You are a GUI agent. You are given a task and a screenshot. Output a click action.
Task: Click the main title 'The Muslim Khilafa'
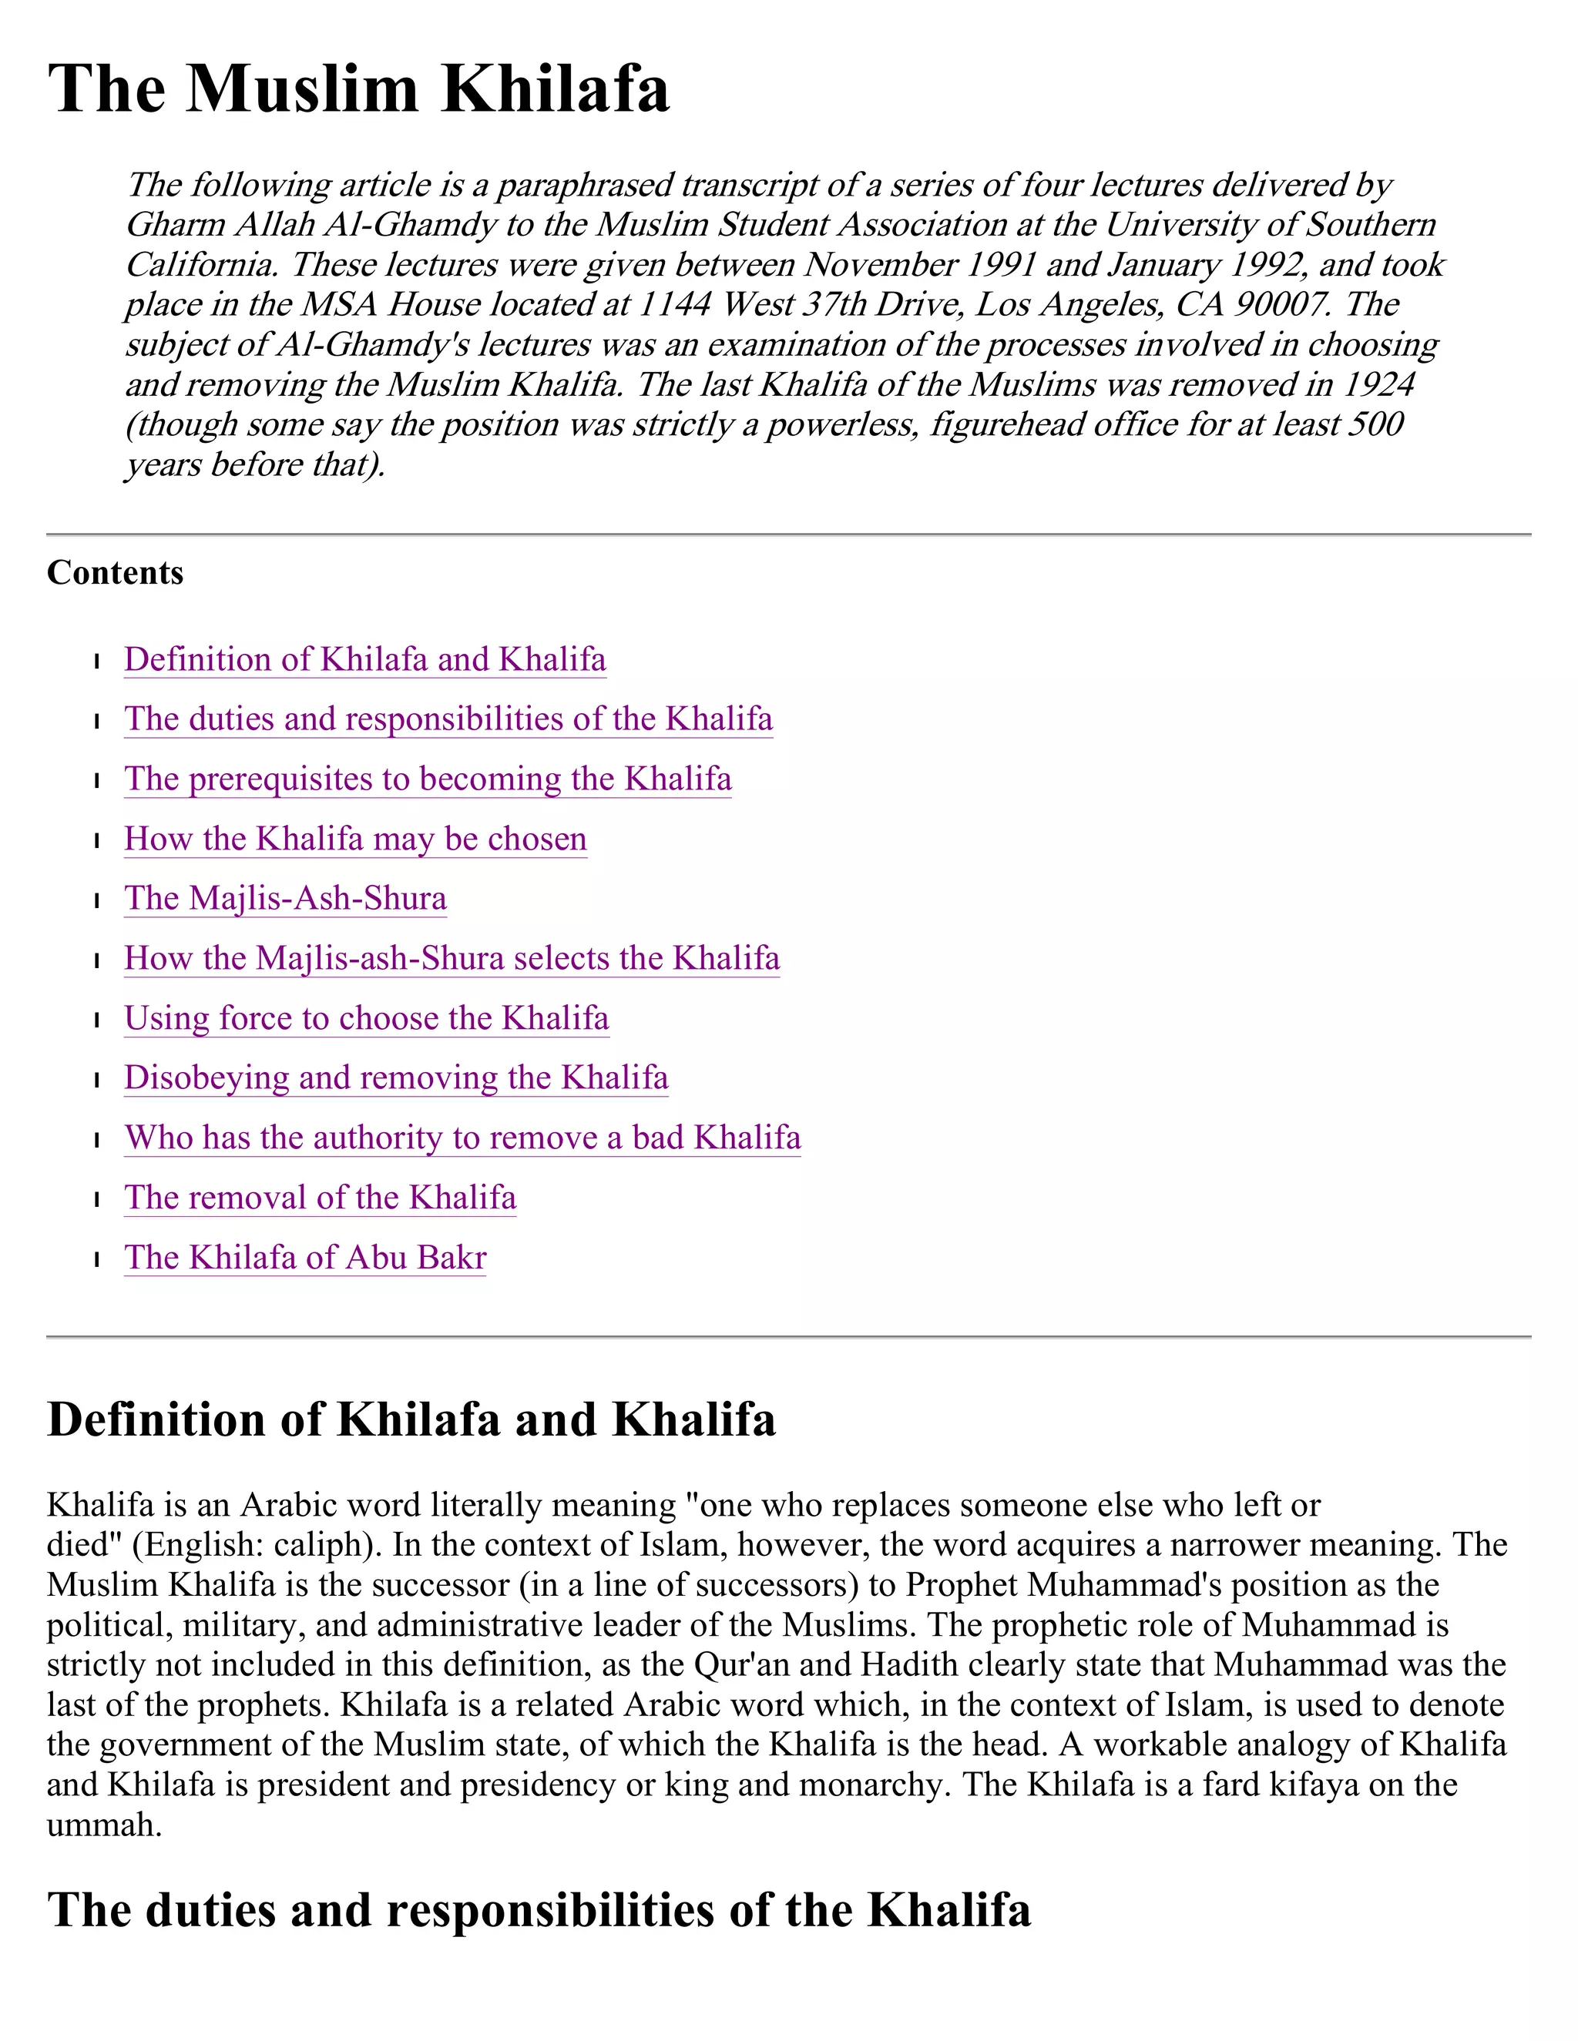coord(359,89)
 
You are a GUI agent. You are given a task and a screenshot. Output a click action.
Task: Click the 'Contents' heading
coord(115,573)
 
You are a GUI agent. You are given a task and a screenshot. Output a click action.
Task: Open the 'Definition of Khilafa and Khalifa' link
coord(364,660)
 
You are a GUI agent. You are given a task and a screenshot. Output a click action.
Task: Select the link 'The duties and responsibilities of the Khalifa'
coord(448,719)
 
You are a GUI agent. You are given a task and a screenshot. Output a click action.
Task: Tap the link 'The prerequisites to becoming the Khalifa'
coord(427,779)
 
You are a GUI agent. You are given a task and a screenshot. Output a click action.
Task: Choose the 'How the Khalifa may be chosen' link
coord(355,840)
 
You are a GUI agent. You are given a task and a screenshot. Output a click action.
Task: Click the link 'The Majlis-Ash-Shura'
coord(285,899)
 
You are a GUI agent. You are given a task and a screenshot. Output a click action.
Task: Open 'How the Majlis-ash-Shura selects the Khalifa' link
coord(452,959)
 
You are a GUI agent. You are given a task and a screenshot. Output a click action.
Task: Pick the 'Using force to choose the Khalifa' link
coord(367,1019)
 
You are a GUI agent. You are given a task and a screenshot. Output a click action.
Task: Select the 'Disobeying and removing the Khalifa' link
coord(396,1078)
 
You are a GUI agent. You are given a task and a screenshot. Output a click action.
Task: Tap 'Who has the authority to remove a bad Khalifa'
coord(463,1138)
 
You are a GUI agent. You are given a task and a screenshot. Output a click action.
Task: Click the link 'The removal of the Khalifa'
coord(320,1198)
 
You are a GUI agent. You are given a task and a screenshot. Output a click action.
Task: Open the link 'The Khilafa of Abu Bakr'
coord(305,1258)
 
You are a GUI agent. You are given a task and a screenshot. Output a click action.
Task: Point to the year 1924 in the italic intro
coord(1380,385)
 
